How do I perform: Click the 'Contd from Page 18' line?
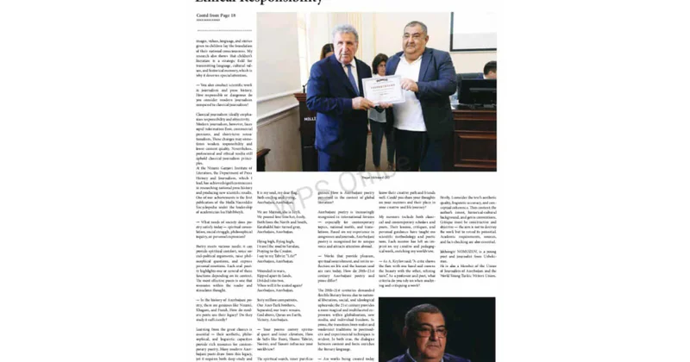point(216,16)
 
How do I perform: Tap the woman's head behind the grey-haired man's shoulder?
point(327,51)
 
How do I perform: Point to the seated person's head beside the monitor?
point(489,69)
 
